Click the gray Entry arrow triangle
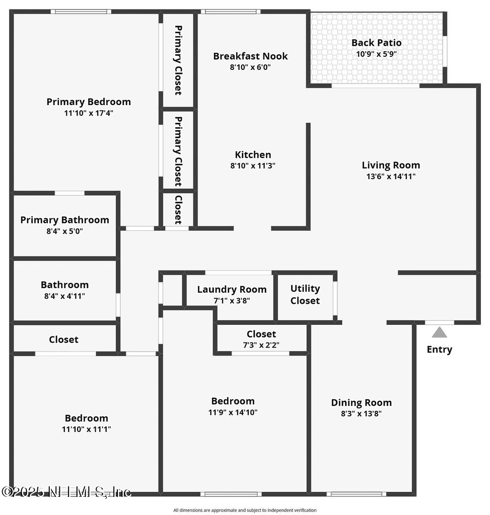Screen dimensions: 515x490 (x=440, y=332)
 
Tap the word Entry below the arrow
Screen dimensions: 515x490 (x=440, y=350)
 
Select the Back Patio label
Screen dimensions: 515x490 (x=376, y=43)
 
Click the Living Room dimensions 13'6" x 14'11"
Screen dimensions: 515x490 (x=391, y=177)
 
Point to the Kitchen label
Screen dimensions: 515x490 (x=253, y=155)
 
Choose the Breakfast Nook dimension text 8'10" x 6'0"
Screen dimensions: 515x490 (x=250, y=66)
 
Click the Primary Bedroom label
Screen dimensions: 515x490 (x=89, y=102)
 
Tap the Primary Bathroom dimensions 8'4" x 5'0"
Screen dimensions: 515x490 (x=65, y=231)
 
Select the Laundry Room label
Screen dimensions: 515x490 (x=232, y=289)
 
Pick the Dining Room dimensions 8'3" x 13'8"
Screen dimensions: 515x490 (x=361, y=414)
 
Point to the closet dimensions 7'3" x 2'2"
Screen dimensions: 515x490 (x=261, y=345)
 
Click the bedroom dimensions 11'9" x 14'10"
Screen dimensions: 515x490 (x=233, y=412)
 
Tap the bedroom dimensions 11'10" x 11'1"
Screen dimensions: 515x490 (x=86, y=430)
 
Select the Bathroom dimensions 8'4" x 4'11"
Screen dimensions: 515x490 (x=64, y=296)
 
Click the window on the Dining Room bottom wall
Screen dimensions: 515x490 (x=356, y=494)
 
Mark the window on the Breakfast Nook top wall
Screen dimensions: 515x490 (x=231, y=11)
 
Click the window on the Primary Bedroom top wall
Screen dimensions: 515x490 (x=81, y=11)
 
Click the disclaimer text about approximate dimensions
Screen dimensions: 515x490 (x=245, y=510)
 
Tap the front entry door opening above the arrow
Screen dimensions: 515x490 (x=439, y=322)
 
